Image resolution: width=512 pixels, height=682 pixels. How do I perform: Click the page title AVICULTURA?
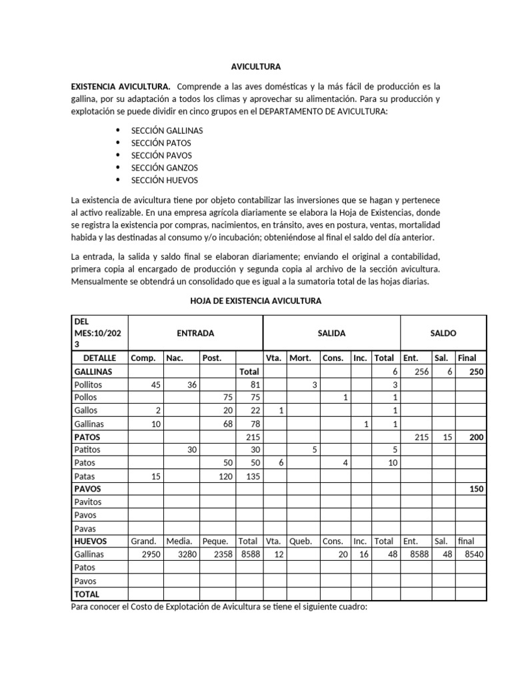(x=255, y=67)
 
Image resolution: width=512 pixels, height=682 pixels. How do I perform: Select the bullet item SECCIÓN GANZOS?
(x=164, y=168)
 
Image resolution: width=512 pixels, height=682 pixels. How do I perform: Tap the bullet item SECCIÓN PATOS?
(x=161, y=143)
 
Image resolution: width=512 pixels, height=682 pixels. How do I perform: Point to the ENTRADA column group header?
(x=195, y=333)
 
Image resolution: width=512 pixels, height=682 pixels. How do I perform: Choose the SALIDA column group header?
(x=331, y=333)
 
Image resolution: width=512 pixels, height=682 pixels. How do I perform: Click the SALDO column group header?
(x=443, y=333)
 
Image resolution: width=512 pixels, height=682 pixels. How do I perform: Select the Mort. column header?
(x=300, y=358)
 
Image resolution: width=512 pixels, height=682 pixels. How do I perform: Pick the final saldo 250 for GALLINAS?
(x=476, y=372)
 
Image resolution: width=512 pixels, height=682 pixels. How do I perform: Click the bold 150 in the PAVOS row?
(x=476, y=489)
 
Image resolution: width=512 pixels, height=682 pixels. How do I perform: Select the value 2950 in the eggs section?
(x=147, y=554)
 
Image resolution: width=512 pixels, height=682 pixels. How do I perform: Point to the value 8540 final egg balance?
(x=471, y=554)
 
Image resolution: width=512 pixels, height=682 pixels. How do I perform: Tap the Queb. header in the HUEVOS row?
(x=301, y=541)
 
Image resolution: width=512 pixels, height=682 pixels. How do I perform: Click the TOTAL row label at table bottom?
(x=87, y=593)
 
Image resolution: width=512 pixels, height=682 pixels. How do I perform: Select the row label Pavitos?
(x=89, y=502)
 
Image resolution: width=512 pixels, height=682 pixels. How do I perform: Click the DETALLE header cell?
(x=100, y=358)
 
